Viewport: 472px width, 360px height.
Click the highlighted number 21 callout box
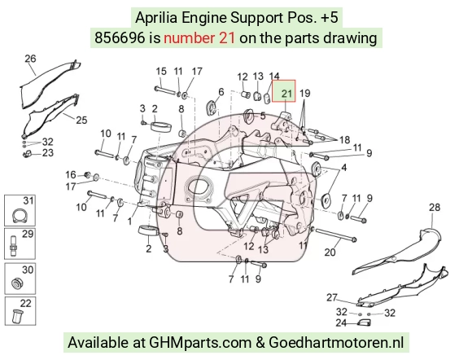(284, 90)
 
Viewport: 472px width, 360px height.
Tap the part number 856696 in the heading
(120, 38)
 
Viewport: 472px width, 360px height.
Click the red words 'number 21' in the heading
(199, 38)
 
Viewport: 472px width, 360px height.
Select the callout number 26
(30, 59)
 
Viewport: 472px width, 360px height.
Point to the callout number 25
(81, 120)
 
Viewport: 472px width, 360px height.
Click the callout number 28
(435, 207)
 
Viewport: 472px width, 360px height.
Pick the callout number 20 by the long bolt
(330, 252)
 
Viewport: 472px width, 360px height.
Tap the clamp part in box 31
(20, 216)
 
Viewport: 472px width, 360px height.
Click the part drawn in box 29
(14, 246)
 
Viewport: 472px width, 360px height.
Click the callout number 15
(161, 72)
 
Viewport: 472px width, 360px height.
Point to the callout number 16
(71, 174)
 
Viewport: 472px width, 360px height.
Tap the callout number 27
(332, 297)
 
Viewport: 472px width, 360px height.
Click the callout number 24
(341, 323)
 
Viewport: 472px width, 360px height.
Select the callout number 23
(47, 153)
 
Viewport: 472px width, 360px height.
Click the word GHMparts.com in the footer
(200, 343)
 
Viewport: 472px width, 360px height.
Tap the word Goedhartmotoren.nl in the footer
(336, 343)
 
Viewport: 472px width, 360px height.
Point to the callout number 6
(221, 92)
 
